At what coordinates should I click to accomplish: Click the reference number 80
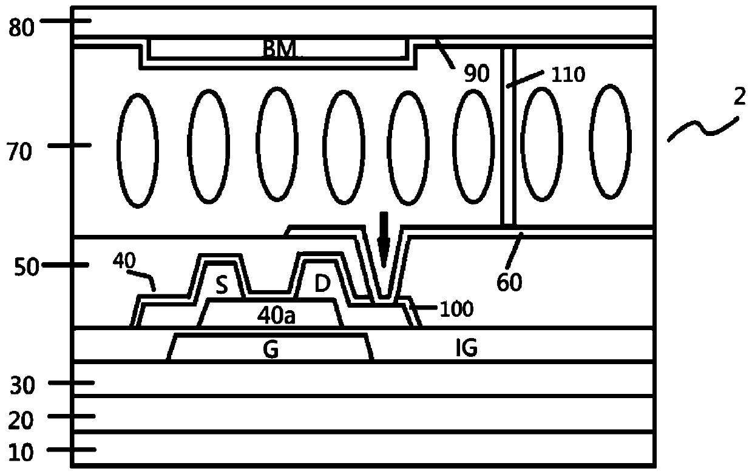21,28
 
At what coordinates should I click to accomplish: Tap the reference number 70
19,152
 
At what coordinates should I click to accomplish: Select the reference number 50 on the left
27,268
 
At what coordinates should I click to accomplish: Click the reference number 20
21,421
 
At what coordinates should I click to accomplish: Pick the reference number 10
21,453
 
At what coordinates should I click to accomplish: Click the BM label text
279,49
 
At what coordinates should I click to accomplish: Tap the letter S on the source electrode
222,286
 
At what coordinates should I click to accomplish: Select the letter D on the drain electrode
322,283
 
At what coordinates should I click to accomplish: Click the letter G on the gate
271,350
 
